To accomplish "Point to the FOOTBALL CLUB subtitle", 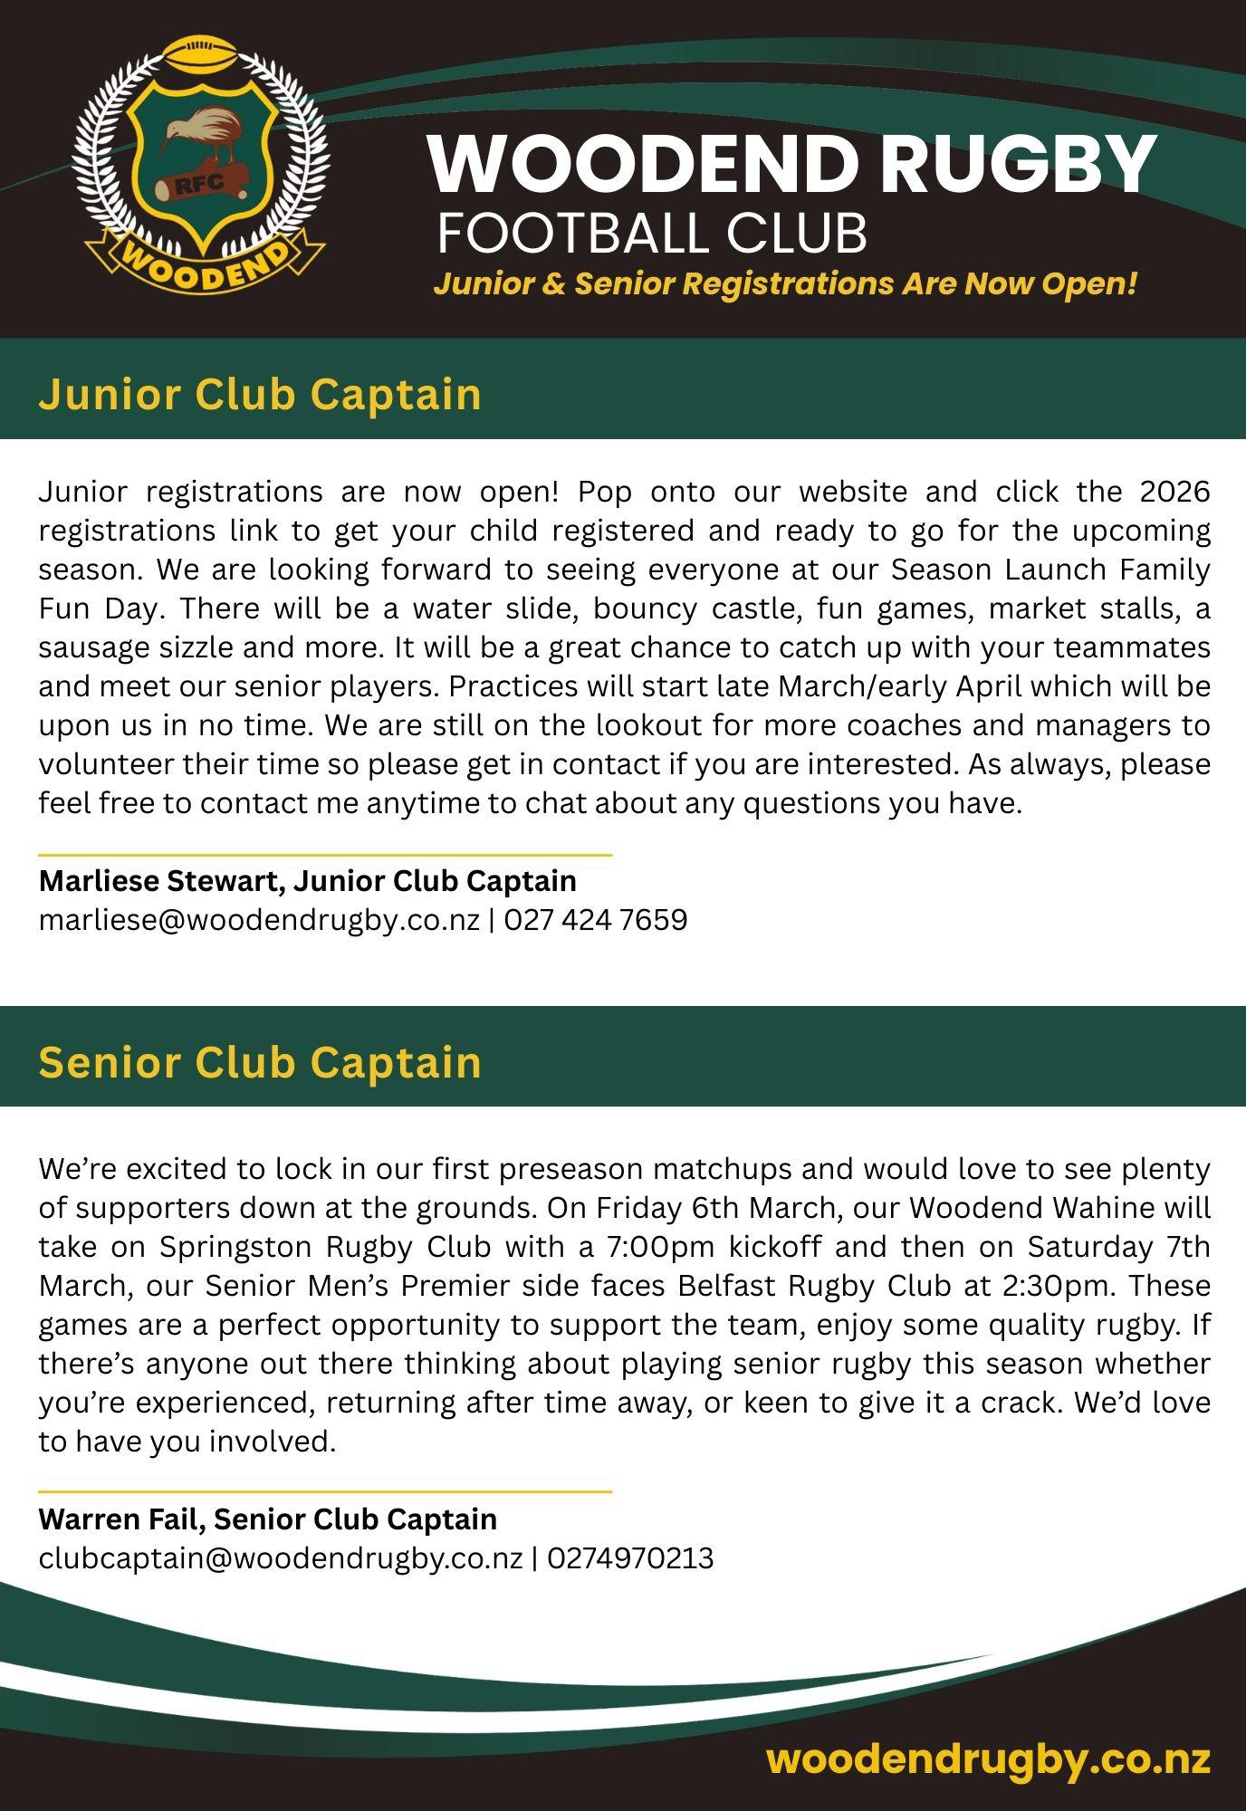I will click(652, 234).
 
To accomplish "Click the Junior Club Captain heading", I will click(260, 395).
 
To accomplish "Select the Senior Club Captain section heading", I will click(260, 1061).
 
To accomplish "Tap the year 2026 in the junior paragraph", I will click(1174, 492).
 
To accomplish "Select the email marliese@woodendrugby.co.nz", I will click(259, 920).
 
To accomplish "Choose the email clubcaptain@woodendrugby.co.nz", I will click(281, 1558).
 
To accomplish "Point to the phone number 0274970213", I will click(630, 1558).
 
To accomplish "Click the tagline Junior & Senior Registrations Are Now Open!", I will click(784, 284).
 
